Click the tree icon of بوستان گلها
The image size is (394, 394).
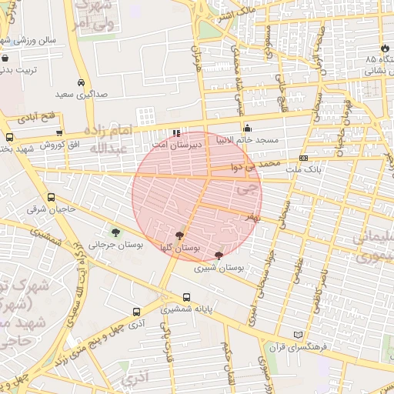179,236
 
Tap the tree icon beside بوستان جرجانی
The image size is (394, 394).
115,232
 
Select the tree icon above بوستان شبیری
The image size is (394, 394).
219,255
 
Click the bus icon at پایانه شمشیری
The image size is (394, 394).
186,298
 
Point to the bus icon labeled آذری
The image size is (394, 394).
136,312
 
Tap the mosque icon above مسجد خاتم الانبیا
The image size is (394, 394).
247,128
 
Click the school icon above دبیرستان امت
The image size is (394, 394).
177,132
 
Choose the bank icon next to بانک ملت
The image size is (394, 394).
304,158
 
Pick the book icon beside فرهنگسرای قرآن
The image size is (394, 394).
299,335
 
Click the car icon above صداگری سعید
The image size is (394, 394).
82,82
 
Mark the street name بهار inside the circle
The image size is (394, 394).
249,219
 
